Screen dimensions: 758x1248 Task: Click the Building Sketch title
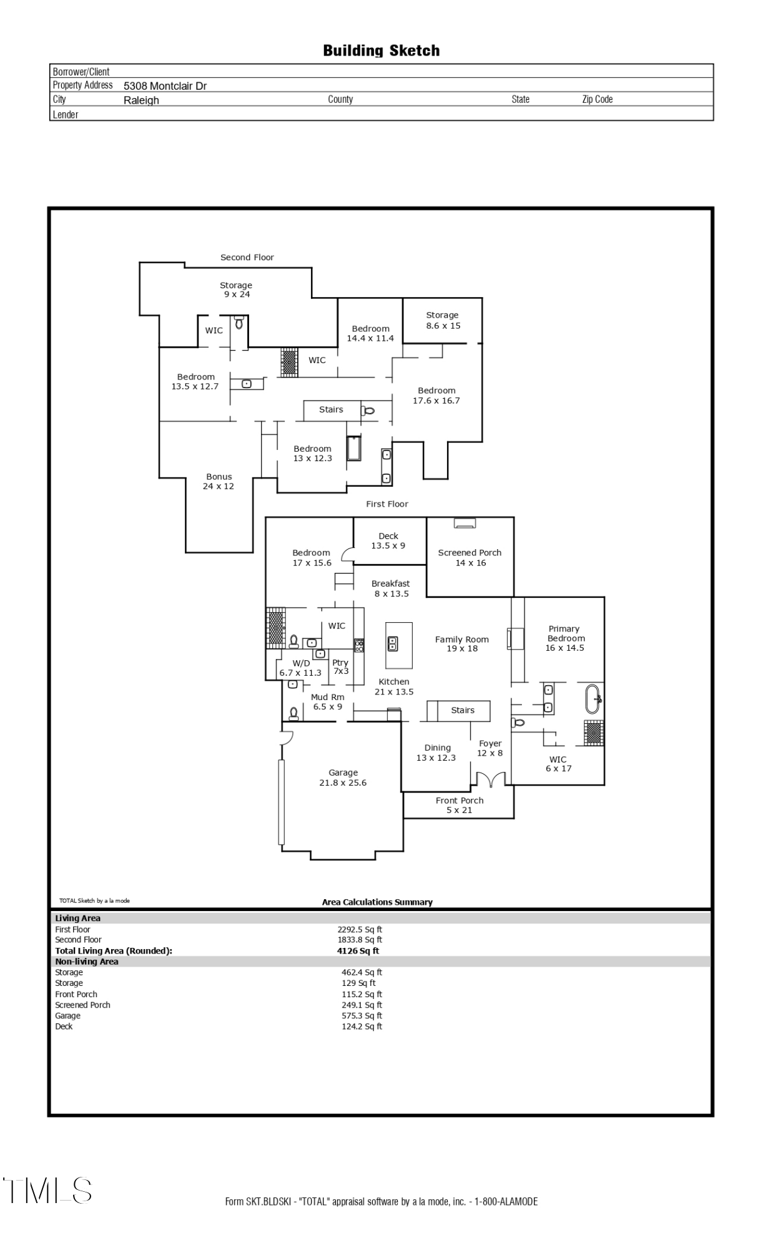[x=381, y=51]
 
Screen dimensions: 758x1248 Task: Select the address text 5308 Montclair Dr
[x=165, y=86]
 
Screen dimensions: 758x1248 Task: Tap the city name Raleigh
[x=141, y=100]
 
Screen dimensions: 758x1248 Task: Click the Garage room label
[x=343, y=778]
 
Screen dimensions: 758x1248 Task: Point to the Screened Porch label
[x=470, y=558]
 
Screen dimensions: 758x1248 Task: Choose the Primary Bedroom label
[x=564, y=638]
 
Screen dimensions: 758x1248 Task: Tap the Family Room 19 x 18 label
[x=462, y=644]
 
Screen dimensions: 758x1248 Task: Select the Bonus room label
[x=219, y=481]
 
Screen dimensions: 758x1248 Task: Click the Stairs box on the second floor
[x=332, y=410]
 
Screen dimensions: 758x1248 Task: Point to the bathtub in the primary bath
[x=593, y=699]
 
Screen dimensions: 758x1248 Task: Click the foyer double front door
[x=491, y=779]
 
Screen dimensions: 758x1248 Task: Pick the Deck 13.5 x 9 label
[x=388, y=541]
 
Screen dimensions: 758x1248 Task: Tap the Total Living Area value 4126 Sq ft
[x=358, y=951]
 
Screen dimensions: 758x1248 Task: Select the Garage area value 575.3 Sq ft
[x=362, y=1016]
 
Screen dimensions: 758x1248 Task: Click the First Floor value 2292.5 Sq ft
[x=360, y=930]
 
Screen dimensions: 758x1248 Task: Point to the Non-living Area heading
[x=87, y=962]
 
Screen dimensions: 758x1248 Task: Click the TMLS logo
[x=47, y=1190]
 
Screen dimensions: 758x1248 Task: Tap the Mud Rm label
[x=328, y=702]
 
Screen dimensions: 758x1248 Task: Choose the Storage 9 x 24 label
[x=236, y=290]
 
